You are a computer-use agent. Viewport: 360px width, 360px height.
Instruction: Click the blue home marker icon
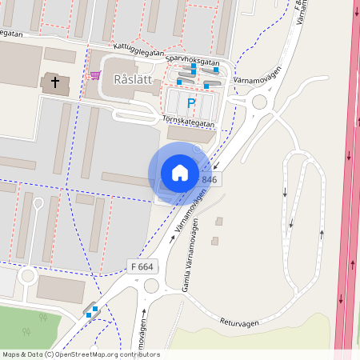pyautogui.click(x=180, y=173)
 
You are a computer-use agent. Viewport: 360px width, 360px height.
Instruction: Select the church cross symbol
pyautogui.click(x=55, y=82)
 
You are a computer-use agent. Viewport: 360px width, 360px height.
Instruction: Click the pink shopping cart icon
pyautogui.click(x=95, y=76)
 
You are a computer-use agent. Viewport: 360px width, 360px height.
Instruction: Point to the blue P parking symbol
pyautogui.click(x=190, y=102)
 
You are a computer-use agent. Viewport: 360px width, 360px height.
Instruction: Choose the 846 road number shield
pyautogui.click(x=210, y=180)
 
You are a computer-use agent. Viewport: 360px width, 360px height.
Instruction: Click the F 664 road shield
pyautogui.click(x=141, y=266)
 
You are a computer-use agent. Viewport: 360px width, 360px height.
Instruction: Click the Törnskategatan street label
pyautogui.click(x=188, y=122)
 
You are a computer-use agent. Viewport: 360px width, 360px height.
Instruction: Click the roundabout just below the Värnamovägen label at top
pyautogui.click(x=259, y=102)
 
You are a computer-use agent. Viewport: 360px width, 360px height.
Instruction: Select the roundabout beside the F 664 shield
pyautogui.click(x=150, y=286)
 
